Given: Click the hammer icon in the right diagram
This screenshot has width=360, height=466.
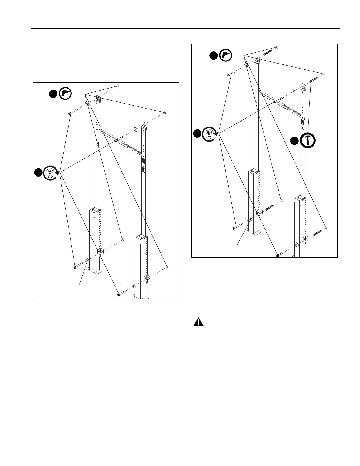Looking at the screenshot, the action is (x=308, y=141).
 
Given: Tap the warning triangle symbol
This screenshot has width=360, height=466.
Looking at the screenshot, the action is (x=199, y=322).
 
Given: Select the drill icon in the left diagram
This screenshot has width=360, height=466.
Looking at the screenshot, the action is (x=66, y=94).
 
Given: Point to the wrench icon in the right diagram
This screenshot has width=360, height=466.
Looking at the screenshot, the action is (x=210, y=134).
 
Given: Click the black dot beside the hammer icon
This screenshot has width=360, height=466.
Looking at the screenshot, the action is (x=294, y=141).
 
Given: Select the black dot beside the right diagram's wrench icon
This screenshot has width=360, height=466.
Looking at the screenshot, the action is (x=197, y=134).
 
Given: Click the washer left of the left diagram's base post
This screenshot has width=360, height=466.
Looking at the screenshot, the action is (x=87, y=260).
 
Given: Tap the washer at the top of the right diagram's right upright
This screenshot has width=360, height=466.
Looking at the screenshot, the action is (x=294, y=91).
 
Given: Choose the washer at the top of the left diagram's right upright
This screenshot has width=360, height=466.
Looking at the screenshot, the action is (x=135, y=129).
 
